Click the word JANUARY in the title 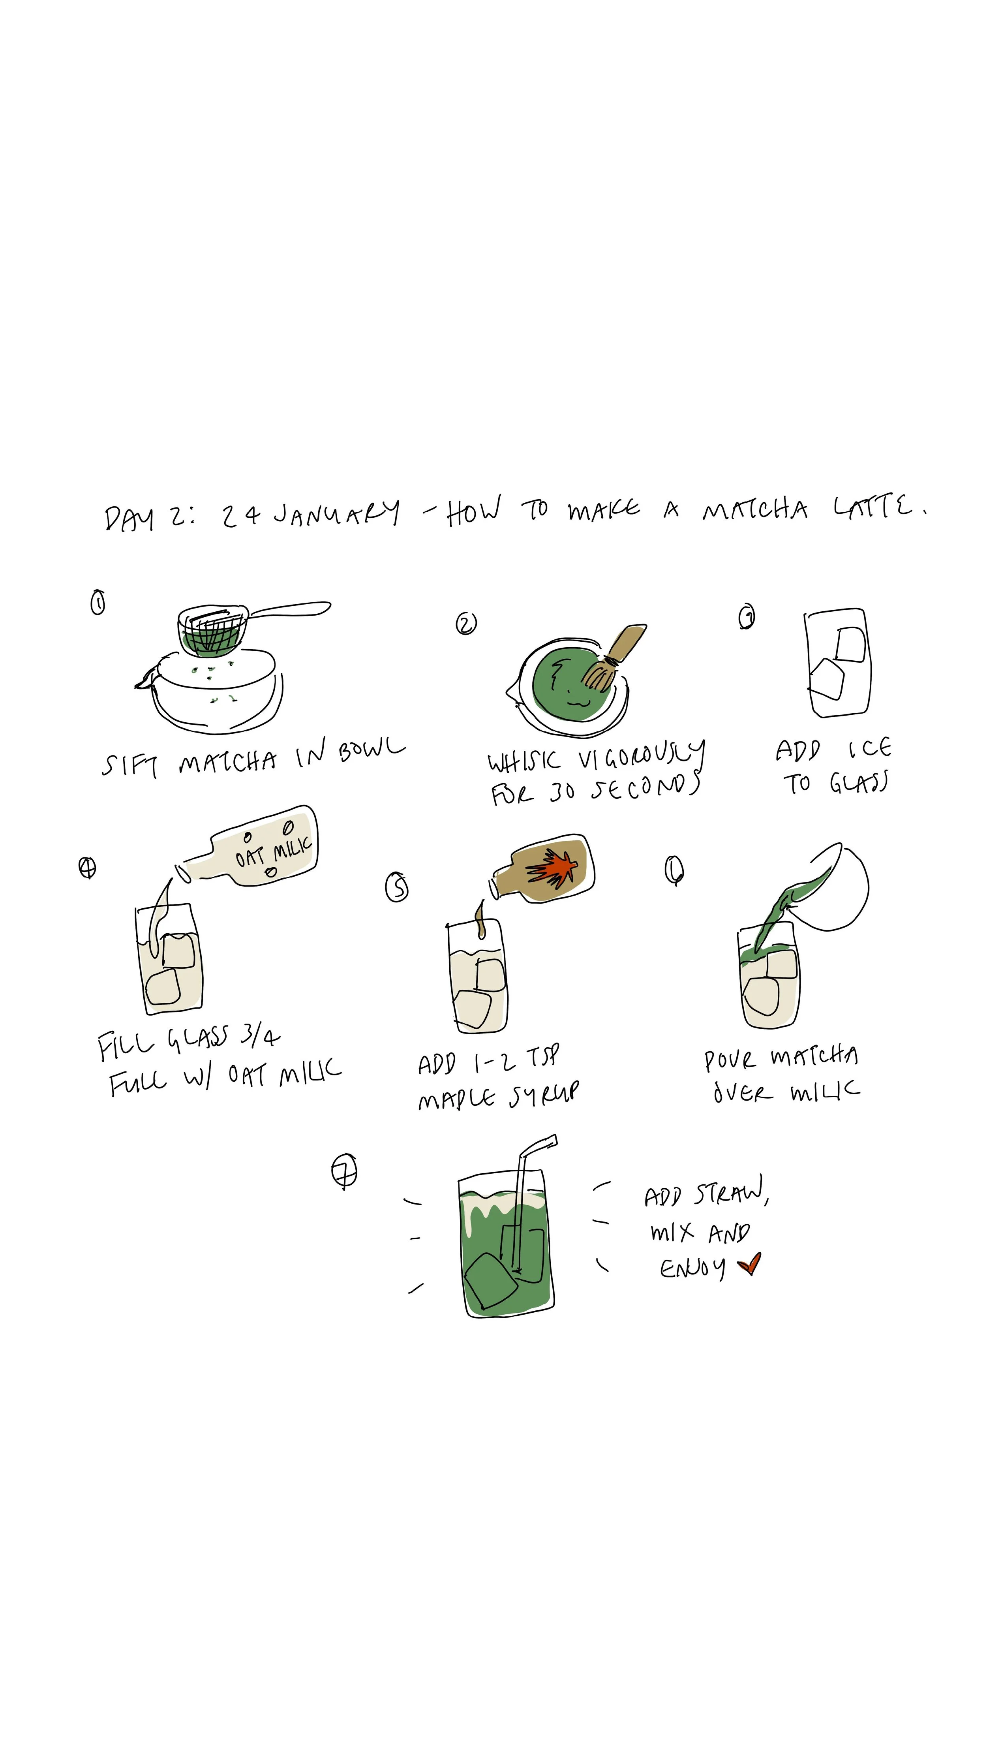[336, 514]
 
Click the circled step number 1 [98, 602]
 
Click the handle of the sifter [289, 609]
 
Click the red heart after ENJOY [749, 1264]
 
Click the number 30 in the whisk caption [563, 792]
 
